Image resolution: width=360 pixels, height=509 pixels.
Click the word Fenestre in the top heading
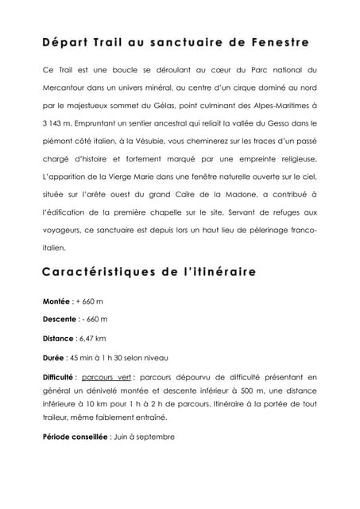point(278,40)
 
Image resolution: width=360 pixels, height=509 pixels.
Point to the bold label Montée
point(56,301)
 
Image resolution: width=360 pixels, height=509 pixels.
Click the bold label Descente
point(61,319)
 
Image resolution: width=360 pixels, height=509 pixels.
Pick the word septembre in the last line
point(153,436)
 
